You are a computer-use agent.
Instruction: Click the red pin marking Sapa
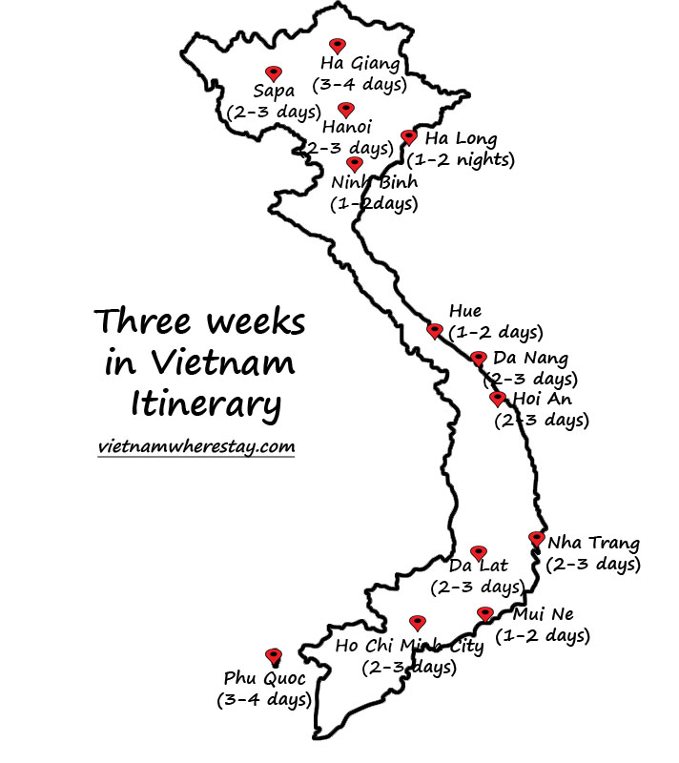(274, 73)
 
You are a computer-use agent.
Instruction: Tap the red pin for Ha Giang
(337, 46)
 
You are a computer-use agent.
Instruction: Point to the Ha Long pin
(409, 138)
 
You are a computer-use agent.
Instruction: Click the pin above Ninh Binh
(355, 164)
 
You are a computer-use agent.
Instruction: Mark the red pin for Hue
(435, 331)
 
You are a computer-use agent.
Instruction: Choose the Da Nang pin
(479, 359)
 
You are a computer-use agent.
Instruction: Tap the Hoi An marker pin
(497, 399)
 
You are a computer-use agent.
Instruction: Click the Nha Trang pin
(537, 539)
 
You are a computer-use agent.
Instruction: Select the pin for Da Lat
(479, 553)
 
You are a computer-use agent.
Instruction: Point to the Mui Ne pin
(485, 614)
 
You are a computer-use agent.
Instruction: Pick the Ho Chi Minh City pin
(417, 623)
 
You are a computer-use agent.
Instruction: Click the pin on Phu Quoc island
(274, 656)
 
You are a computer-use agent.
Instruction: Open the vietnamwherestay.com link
(195, 446)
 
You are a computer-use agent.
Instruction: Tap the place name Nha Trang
(593, 544)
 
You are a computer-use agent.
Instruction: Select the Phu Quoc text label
(265, 679)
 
